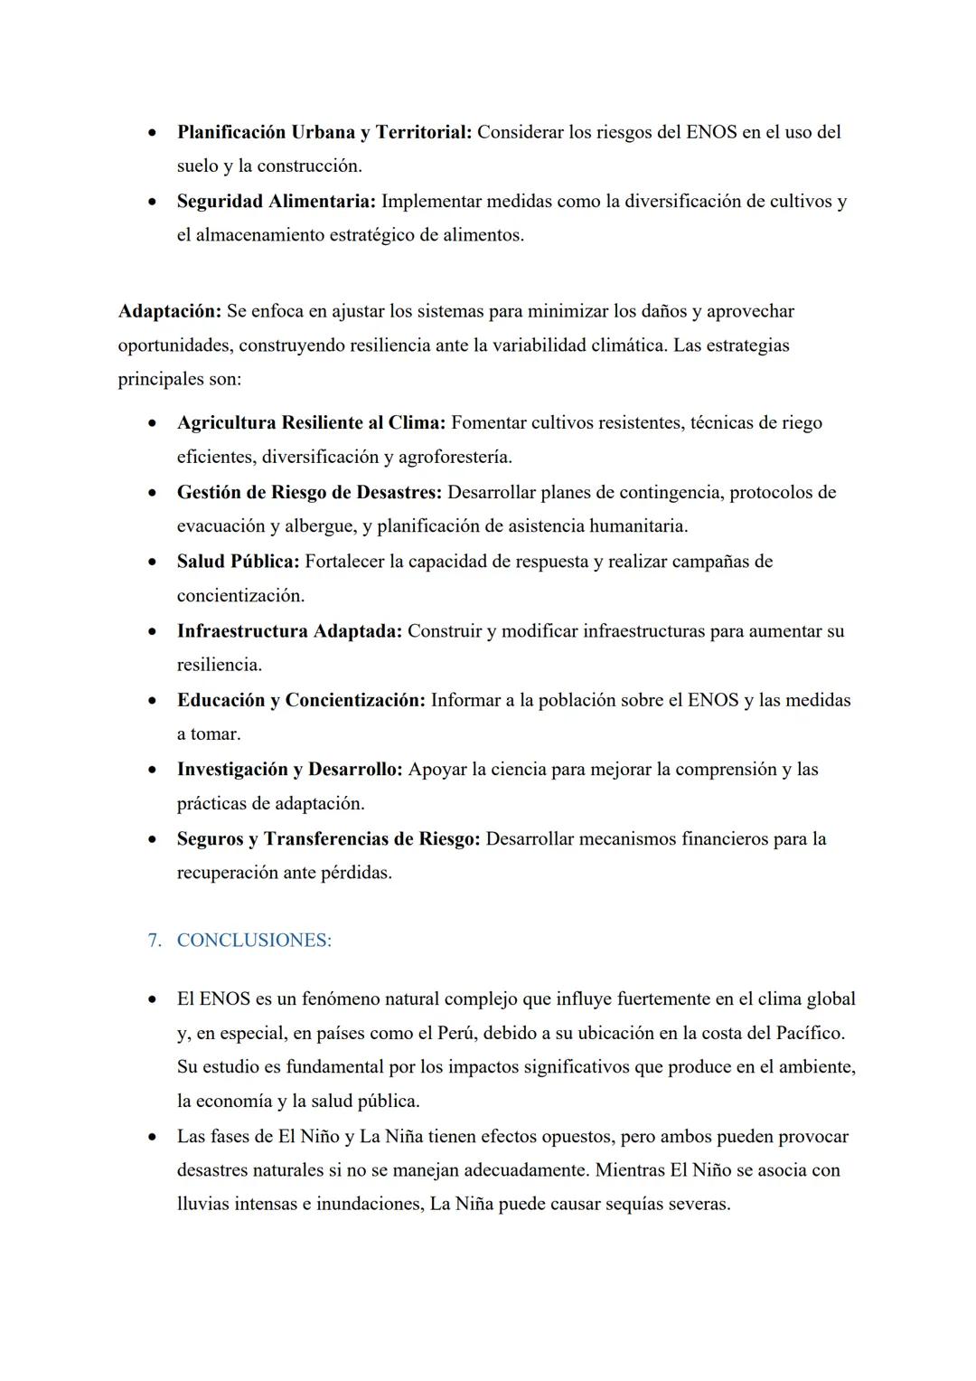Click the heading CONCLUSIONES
pos(254,941)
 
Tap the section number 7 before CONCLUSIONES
pos(154,941)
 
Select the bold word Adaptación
pos(169,311)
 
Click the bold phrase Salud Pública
pos(238,562)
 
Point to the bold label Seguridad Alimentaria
pos(276,201)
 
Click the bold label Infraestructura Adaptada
pos(288,631)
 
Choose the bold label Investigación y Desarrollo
pos(289,770)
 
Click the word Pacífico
pos(810,1033)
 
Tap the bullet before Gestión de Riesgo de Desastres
pos(155,493)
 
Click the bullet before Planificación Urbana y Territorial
pos(155,132)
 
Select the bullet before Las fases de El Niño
pos(155,1137)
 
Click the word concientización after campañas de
pos(239,596)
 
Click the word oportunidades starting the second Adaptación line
pos(173,345)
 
